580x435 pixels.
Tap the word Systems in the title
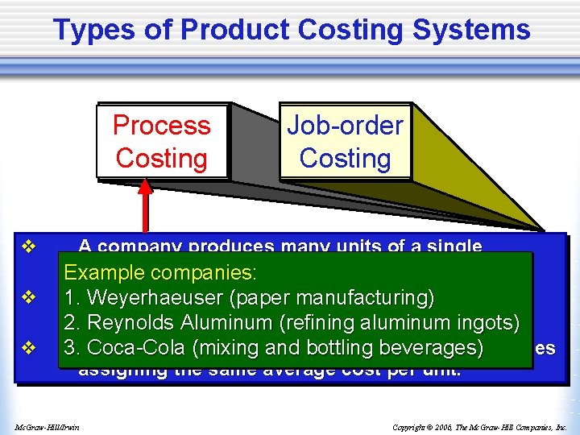(476, 30)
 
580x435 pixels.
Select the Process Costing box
(161, 141)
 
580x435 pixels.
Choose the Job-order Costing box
(345, 141)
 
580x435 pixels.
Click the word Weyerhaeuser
(154, 297)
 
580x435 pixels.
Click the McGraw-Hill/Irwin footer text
(52, 426)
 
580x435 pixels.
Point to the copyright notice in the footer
(480, 426)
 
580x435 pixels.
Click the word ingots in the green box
(487, 323)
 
